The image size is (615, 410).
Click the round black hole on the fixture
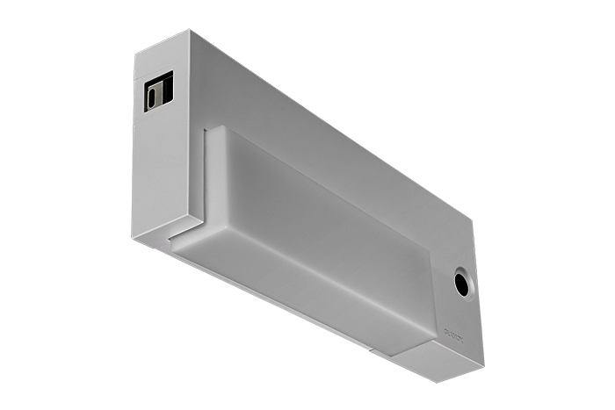[x=459, y=283]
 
